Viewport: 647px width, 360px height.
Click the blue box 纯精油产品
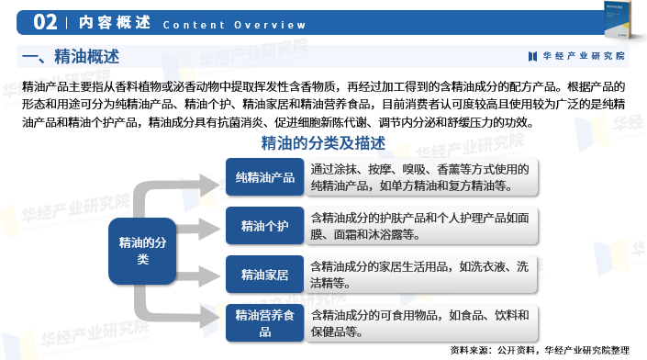click(265, 177)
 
